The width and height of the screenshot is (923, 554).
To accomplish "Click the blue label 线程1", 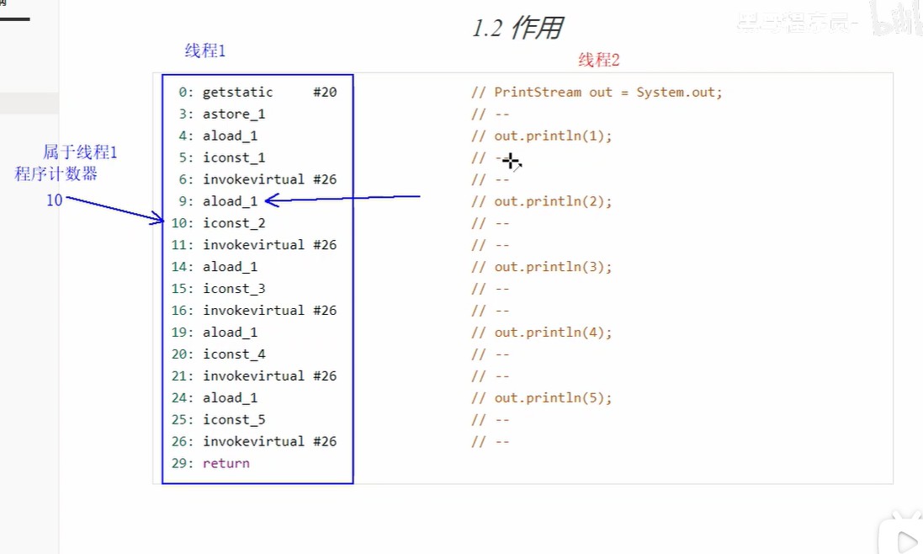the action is (205, 51).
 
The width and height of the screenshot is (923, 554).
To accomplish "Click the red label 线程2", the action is (598, 60).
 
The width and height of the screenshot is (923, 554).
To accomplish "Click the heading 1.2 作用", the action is (517, 28).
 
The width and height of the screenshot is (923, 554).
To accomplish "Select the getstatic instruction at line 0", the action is (237, 92).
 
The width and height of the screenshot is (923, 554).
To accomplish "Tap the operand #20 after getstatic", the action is (325, 92).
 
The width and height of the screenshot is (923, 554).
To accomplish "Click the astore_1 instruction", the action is (234, 114).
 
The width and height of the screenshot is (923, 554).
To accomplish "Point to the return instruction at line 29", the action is (225, 463).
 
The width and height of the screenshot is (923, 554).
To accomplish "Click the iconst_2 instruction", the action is (234, 223).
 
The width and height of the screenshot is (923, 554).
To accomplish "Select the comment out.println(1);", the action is (553, 136).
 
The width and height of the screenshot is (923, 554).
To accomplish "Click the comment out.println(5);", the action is (553, 397).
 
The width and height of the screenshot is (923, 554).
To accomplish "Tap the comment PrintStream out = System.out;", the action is (607, 92).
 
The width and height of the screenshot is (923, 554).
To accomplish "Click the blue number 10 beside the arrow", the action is (54, 200).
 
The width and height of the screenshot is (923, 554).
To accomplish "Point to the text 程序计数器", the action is (56, 173).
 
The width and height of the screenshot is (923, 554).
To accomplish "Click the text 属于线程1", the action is (80, 152).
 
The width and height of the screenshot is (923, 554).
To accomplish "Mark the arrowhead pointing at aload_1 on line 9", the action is (270, 200).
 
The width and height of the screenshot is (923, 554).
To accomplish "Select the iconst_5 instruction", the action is (234, 419).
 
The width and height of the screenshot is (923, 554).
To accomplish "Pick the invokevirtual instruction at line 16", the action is (253, 310).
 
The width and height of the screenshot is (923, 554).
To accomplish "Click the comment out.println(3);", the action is (553, 267).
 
